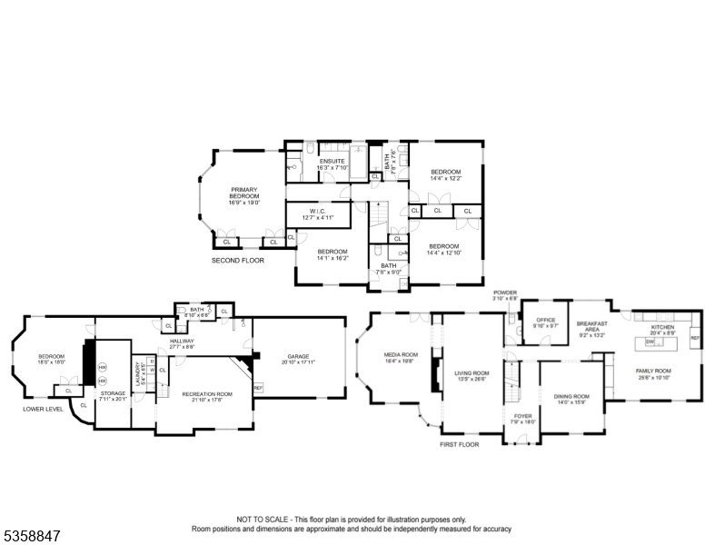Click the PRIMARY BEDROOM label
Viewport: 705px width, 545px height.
(243, 193)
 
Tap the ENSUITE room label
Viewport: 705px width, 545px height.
(330, 161)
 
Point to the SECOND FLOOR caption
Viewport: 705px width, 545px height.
(237, 261)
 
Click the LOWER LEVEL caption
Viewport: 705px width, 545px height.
(43, 409)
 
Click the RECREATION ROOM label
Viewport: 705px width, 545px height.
(207, 393)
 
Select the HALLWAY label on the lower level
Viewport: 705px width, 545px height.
(183, 341)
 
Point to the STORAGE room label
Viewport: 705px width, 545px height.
(114, 393)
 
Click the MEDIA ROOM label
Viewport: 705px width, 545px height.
(401, 354)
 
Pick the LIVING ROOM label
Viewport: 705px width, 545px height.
(472, 372)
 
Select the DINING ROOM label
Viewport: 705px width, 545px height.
(571, 396)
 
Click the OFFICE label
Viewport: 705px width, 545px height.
(545, 320)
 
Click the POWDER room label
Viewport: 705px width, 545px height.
(505, 292)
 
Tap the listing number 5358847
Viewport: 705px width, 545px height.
(31, 537)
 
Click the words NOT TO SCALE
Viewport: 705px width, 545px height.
(264, 520)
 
